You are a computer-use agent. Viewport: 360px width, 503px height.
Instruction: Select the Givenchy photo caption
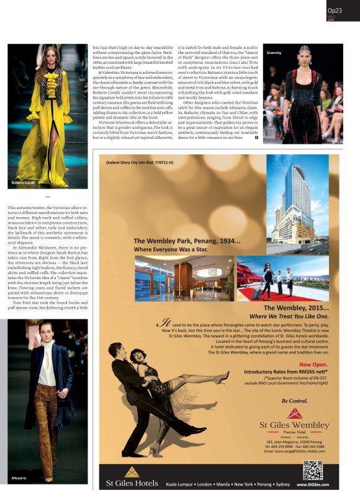pyautogui.click(x=274, y=53)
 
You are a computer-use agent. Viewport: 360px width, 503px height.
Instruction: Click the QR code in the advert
pyautogui.click(x=313, y=470)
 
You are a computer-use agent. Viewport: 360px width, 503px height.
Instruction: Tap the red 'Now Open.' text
pyautogui.click(x=314, y=364)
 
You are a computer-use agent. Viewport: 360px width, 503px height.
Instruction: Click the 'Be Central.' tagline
pyautogui.click(x=294, y=401)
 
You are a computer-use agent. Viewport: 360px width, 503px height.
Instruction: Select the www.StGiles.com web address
pyautogui.click(x=313, y=484)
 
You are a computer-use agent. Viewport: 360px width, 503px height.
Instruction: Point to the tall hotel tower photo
pyautogui.click(x=296, y=198)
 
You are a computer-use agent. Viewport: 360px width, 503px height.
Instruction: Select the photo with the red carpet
pyautogui.click(x=282, y=278)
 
